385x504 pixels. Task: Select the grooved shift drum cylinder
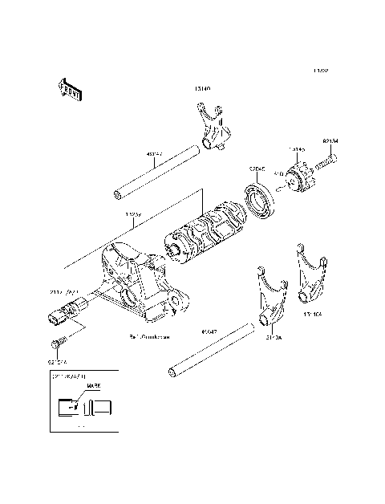click(x=208, y=233)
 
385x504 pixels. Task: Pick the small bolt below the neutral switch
click(x=55, y=345)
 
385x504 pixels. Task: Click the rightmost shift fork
click(x=310, y=278)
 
